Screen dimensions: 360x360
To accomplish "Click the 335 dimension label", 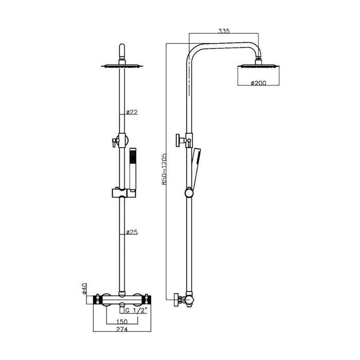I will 224,31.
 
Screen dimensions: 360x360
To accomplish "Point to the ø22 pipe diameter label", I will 132,112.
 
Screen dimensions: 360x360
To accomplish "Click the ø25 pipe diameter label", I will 132,232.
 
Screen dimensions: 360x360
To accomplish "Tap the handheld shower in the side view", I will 195,165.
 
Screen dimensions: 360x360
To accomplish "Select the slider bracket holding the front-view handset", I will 122,193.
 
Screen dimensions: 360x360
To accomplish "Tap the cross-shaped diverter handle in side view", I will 182,140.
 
